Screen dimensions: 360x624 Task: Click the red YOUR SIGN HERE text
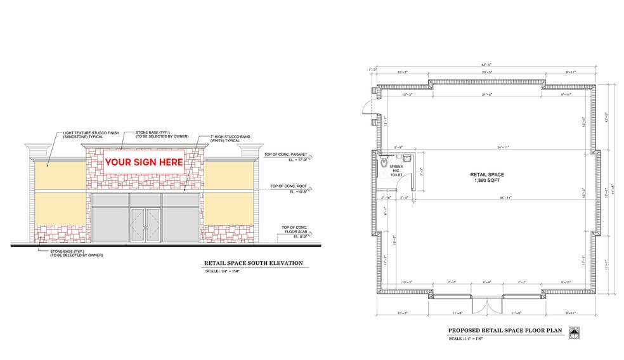143,162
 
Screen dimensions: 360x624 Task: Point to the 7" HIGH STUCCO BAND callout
231,138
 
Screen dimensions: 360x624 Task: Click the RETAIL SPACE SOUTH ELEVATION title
253,262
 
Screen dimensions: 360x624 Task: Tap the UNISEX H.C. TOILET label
396,170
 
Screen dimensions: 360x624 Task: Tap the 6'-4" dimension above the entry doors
486,281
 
